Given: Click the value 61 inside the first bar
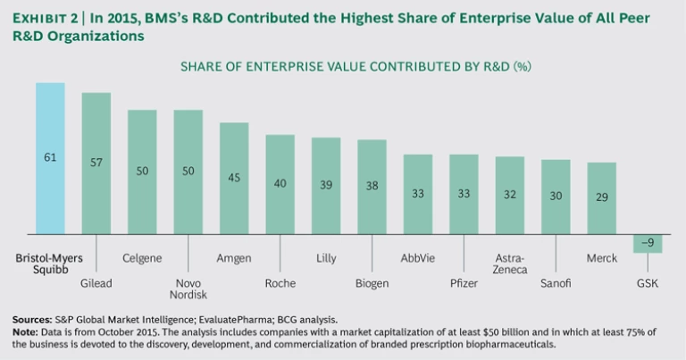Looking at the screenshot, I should pos(50,158).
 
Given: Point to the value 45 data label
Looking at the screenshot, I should pos(234,177).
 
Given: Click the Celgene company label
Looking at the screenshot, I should pos(142,258).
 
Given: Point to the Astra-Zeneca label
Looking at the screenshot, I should pos(510,264).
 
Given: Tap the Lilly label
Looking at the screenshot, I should pos(326,258).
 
